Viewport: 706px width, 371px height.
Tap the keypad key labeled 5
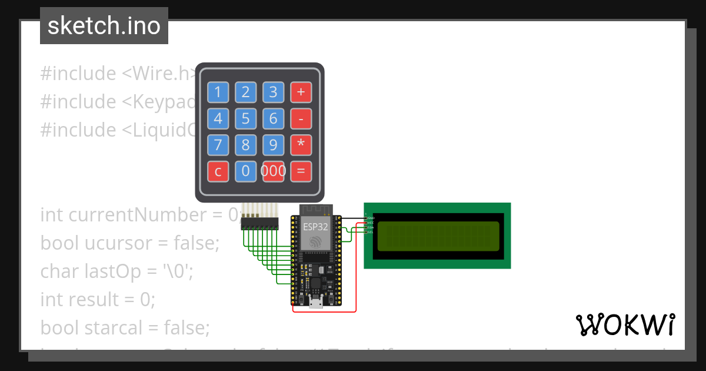tap(245, 118)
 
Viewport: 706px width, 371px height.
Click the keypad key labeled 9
tap(273, 145)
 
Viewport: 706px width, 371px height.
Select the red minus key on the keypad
tap(301, 118)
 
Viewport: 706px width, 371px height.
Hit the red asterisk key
tap(301, 145)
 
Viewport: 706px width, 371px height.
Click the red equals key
tap(301, 171)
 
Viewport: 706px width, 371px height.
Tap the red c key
tap(218, 171)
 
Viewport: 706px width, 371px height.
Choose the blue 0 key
tap(245, 171)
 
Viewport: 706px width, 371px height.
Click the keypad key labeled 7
tap(218, 145)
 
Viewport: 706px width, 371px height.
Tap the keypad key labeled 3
tap(273, 92)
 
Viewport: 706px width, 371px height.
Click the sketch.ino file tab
tap(104, 26)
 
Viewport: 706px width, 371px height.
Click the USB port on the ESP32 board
tap(317, 303)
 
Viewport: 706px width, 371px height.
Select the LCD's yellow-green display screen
tap(438, 236)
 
